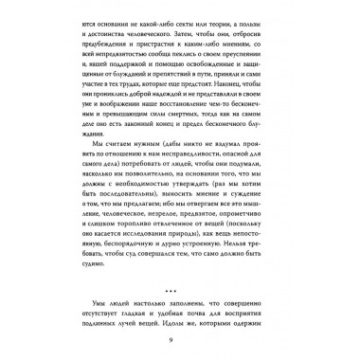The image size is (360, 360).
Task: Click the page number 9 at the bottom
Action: pos(180,340)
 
